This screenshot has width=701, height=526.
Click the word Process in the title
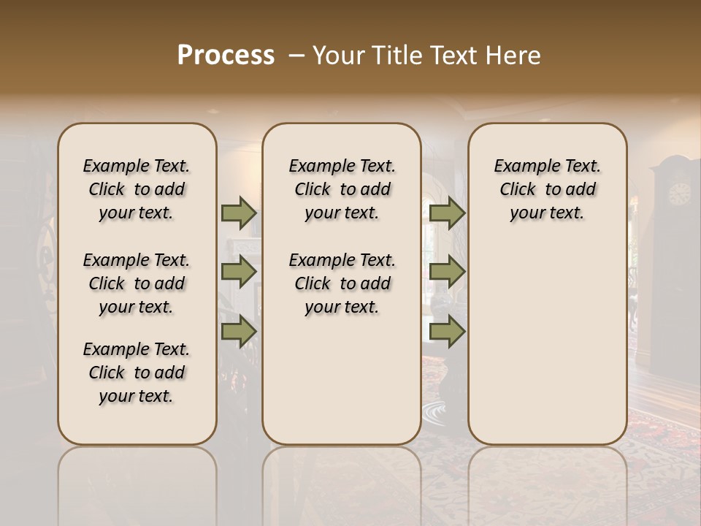(x=226, y=56)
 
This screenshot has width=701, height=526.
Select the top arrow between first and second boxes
(x=239, y=213)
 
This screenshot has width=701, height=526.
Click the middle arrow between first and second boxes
(x=239, y=272)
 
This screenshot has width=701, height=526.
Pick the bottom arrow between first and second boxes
(x=239, y=332)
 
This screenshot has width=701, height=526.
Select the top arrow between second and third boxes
(x=447, y=213)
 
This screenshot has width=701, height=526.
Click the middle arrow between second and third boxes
(x=447, y=272)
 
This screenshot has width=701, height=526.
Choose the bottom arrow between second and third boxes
(x=447, y=332)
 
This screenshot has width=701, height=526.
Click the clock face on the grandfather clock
(x=679, y=193)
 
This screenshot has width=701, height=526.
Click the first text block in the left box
(x=136, y=189)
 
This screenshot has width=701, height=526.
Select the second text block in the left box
(x=136, y=283)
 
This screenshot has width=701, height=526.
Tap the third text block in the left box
(x=136, y=373)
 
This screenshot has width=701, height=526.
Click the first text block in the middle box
(x=342, y=189)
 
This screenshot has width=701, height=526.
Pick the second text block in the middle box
(x=342, y=283)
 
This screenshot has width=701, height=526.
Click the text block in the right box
(x=547, y=189)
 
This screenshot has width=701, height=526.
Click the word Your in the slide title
(x=339, y=56)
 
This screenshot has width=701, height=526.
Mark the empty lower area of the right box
(x=547, y=343)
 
